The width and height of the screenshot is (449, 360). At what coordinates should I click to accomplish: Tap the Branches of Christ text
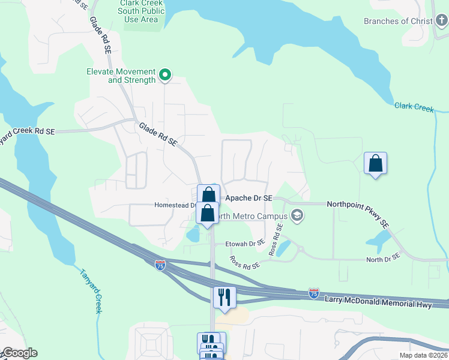point(398,21)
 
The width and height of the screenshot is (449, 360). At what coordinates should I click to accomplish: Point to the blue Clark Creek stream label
point(414,107)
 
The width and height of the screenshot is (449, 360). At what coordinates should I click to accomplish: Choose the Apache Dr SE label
point(248,197)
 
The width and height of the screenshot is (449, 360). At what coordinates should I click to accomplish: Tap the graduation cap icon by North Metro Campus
point(297,215)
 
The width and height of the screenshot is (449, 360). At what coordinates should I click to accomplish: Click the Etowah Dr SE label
point(244,244)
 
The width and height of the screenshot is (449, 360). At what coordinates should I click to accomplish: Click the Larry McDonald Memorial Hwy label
point(378,302)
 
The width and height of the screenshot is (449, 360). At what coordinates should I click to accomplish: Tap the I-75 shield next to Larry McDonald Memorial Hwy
point(313,293)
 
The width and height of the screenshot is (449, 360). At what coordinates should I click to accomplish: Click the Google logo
point(19,353)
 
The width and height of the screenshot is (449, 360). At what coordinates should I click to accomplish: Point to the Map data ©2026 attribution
point(423,355)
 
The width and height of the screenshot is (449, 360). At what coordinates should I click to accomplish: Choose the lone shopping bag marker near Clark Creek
point(375,163)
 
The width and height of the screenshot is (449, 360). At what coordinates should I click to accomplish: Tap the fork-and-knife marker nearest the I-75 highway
point(224,298)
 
